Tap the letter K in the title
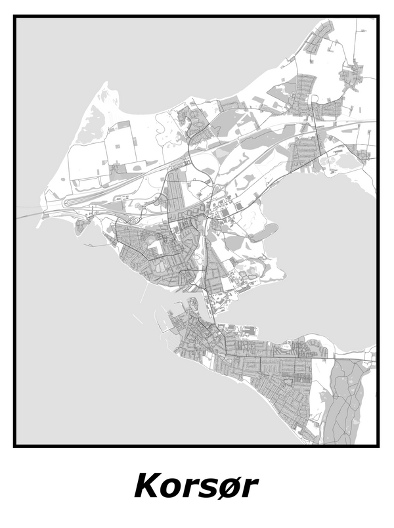[148, 487]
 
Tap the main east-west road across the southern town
[276, 359]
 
